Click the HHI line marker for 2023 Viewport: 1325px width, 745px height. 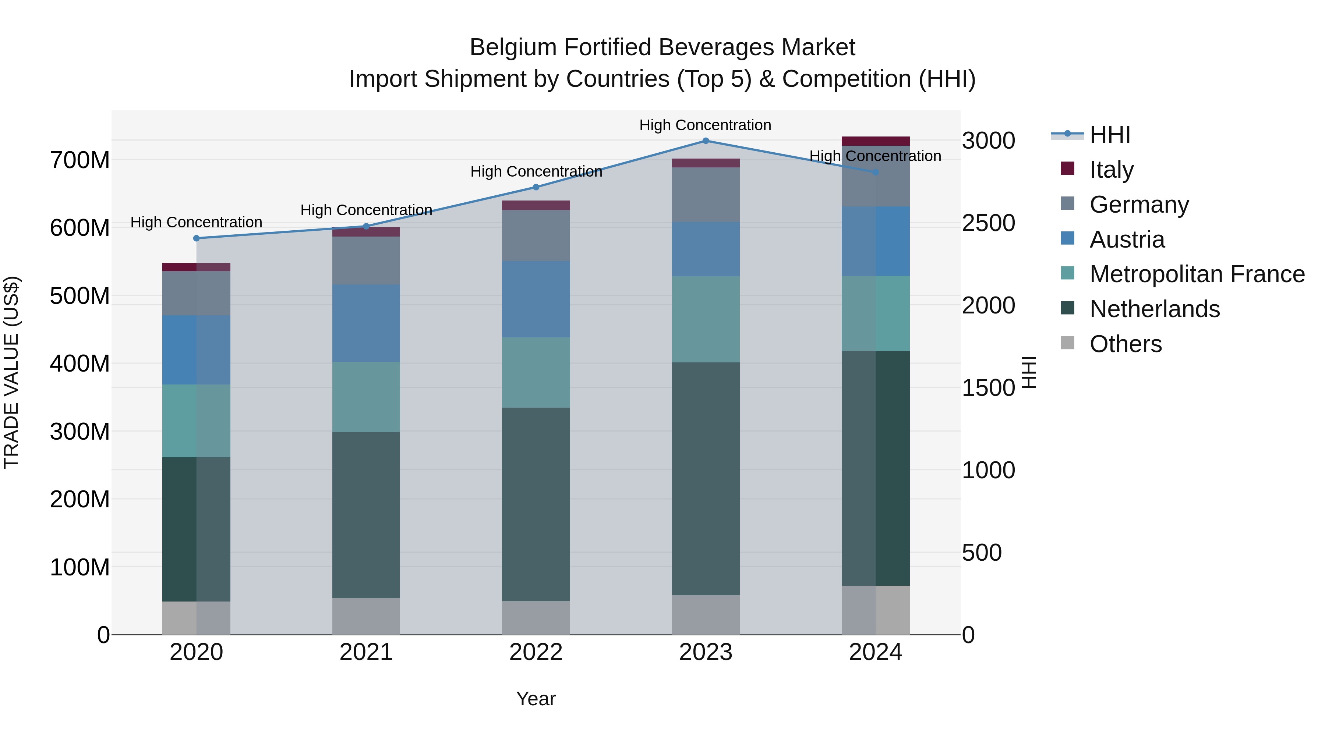pos(706,141)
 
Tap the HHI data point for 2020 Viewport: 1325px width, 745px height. pos(197,238)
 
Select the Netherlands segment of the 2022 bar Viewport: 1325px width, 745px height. pos(536,504)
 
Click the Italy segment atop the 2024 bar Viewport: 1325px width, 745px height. pos(876,141)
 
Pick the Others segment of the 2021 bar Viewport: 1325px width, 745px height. pos(366,616)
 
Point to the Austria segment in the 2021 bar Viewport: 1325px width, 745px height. pos(366,323)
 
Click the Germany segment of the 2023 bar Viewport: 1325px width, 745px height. pos(706,194)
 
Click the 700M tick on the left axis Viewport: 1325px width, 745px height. pos(80,160)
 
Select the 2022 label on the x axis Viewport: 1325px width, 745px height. pos(536,652)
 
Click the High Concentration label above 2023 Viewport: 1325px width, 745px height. pos(705,125)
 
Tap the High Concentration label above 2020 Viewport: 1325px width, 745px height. pos(197,222)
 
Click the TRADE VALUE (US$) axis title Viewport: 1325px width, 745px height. pos(11,372)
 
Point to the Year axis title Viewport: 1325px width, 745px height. pos(536,699)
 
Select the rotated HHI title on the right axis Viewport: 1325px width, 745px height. pos(1029,372)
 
